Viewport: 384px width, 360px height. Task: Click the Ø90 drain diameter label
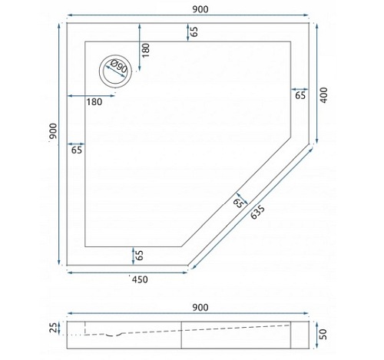coord(119,66)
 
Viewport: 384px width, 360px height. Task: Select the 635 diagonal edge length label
coord(257,213)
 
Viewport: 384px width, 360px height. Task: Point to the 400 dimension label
coord(324,95)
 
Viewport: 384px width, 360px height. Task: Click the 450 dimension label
coord(140,279)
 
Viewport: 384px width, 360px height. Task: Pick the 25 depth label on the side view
coord(53,328)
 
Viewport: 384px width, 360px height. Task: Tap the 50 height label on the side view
coord(324,335)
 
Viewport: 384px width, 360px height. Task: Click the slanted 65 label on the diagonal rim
coord(238,203)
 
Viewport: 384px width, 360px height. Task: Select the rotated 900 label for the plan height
coord(53,131)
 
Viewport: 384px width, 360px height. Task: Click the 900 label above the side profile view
coord(200,307)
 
